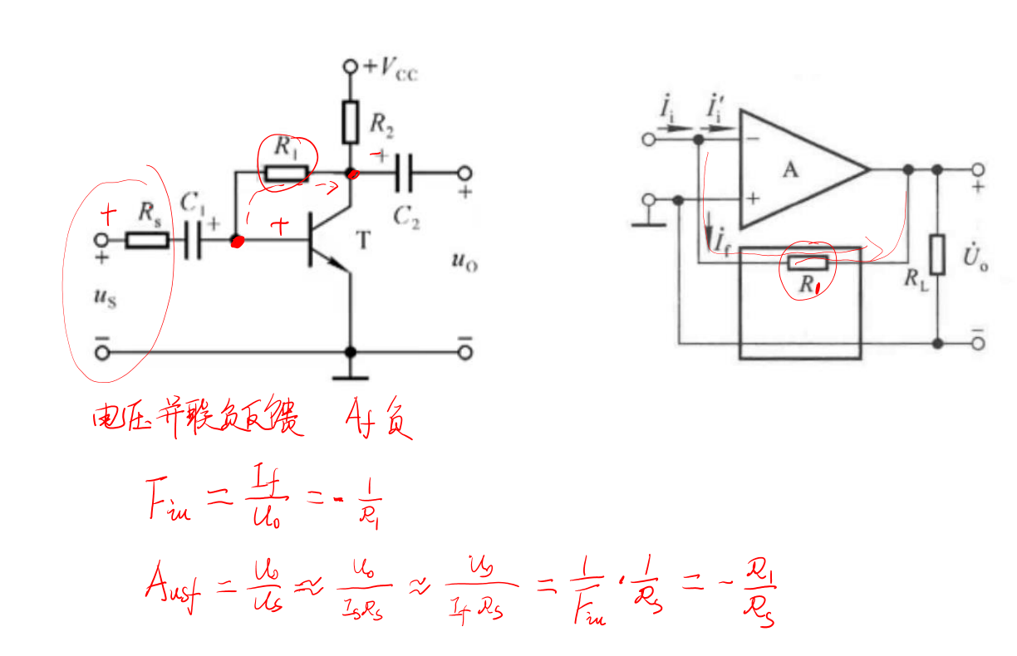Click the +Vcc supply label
point(390,68)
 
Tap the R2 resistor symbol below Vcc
point(350,122)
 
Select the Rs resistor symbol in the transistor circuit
point(147,241)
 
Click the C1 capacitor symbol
point(192,241)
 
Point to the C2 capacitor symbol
point(405,174)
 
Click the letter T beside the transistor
point(363,241)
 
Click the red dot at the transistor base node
point(237,242)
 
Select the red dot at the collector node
point(352,174)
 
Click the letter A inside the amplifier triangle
point(791,170)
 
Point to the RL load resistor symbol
point(937,255)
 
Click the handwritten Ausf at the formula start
point(173,590)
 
